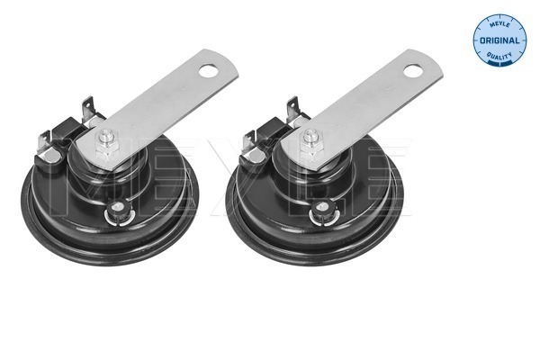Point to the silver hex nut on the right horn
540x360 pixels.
[x=311, y=139]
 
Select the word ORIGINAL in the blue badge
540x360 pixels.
[x=499, y=42]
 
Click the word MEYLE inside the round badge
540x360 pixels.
[x=497, y=26]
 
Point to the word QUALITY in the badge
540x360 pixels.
[x=498, y=58]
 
